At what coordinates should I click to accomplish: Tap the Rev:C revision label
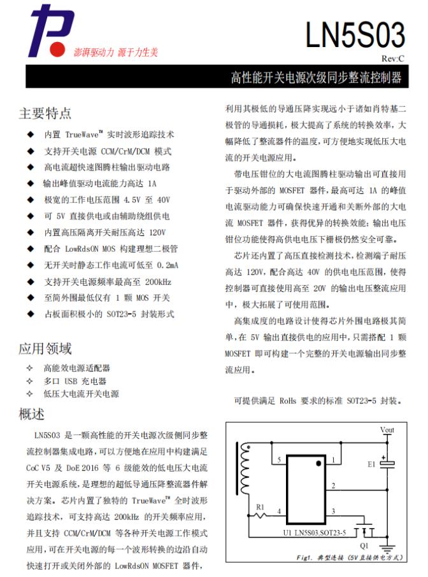click(x=393, y=59)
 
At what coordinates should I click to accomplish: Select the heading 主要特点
click(x=45, y=113)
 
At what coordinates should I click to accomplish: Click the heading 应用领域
click(x=45, y=348)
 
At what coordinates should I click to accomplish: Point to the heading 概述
click(x=32, y=414)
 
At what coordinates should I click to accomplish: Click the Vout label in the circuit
click(x=387, y=430)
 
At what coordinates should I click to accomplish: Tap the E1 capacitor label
click(x=371, y=464)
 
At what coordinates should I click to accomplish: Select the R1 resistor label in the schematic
click(x=260, y=506)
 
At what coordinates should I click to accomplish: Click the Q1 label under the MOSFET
click(x=364, y=545)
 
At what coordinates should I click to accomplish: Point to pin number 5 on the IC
click(x=278, y=459)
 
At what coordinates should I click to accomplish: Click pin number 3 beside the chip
click(x=332, y=511)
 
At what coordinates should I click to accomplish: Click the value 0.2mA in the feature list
click(x=168, y=265)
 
